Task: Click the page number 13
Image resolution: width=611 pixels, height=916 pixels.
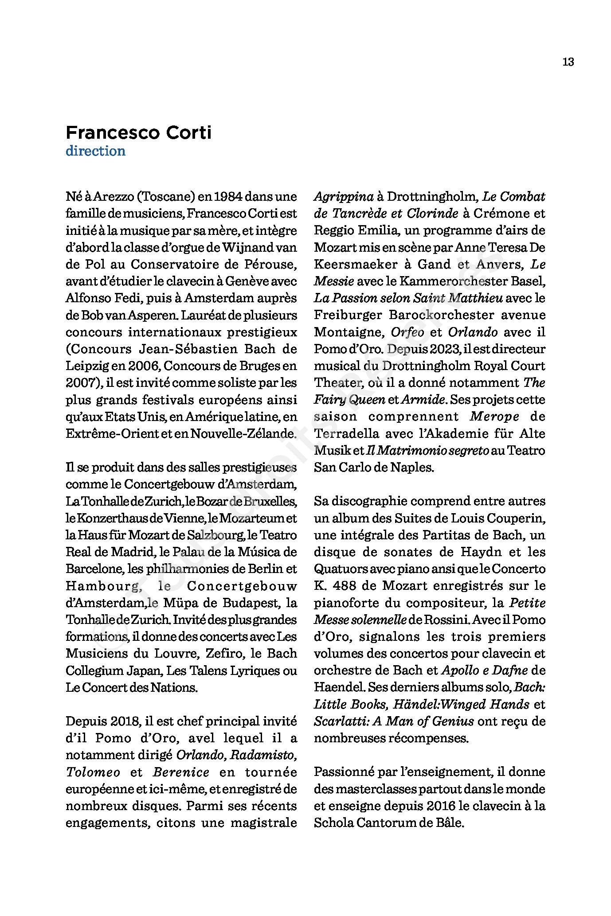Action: [x=568, y=62]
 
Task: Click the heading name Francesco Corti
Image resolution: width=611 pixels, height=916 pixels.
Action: [x=138, y=133]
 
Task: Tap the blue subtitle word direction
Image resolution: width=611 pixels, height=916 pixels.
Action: [x=95, y=151]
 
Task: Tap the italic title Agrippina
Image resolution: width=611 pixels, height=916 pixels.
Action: [x=344, y=196]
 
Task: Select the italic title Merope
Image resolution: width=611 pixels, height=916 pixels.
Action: [x=494, y=417]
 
